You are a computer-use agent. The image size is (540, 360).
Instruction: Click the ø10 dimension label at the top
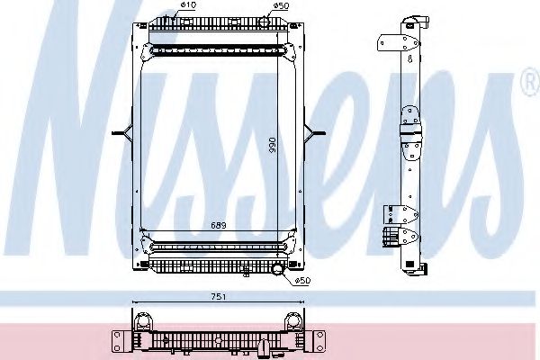point(188,4)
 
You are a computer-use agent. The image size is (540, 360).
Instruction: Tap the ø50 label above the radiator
point(281,5)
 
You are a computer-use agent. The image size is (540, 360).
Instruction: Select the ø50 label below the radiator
point(302,281)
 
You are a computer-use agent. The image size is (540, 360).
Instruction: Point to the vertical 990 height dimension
point(273,146)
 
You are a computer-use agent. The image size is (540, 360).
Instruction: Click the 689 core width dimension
point(219,225)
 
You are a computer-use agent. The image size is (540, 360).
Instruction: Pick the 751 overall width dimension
point(219,296)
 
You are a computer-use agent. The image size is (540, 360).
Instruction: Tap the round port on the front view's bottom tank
point(277,269)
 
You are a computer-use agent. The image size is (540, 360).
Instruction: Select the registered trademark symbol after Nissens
point(530,82)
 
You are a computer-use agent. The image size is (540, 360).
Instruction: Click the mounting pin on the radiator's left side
point(122,132)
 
